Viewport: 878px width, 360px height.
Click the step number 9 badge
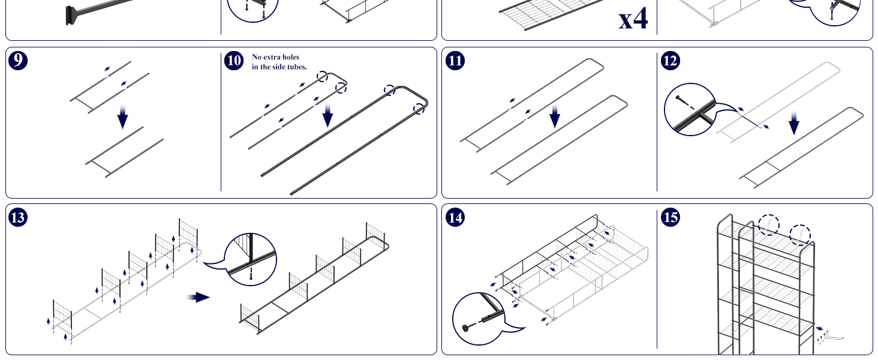(x=18, y=61)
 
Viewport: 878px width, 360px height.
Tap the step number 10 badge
(x=234, y=61)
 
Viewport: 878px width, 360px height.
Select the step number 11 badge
(x=455, y=61)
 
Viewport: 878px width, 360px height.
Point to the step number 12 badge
(x=670, y=61)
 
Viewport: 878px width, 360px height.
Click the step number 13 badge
(x=18, y=217)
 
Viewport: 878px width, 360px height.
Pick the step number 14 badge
(x=455, y=217)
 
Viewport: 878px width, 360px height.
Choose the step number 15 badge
(x=670, y=217)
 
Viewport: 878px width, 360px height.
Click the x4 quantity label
(x=633, y=19)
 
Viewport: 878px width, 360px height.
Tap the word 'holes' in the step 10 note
(x=290, y=57)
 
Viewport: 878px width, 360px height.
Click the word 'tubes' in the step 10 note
(x=296, y=67)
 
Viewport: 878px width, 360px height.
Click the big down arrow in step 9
(x=123, y=117)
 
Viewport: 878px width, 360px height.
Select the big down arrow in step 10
(x=327, y=115)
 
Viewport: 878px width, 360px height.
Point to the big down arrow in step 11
(x=555, y=116)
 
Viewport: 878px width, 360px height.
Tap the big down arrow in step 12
(x=794, y=123)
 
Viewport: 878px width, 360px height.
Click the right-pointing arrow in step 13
(x=199, y=297)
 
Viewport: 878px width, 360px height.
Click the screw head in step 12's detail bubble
(x=678, y=98)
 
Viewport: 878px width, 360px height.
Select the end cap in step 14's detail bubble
(x=465, y=328)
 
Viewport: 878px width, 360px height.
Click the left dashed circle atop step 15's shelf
(x=769, y=225)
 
